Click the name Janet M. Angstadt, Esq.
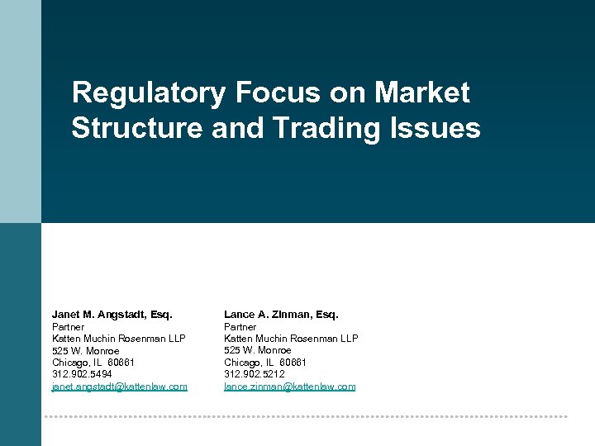click(x=112, y=315)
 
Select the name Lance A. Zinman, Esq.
click(x=281, y=315)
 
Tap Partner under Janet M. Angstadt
click(x=68, y=327)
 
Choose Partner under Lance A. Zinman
click(x=240, y=327)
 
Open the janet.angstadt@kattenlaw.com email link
click(x=119, y=387)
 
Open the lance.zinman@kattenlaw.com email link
click(x=289, y=387)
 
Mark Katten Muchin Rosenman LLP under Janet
click(x=118, y=339)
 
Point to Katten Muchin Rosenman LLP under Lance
click(x=291, y=339)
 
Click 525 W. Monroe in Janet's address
click(x=85, y=351)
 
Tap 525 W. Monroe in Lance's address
click(x=257, y=351)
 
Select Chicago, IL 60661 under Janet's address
click(x=93, y=363)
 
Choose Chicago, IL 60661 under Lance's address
click(x=264, y=363)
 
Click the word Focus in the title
click(x=276, y=93)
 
